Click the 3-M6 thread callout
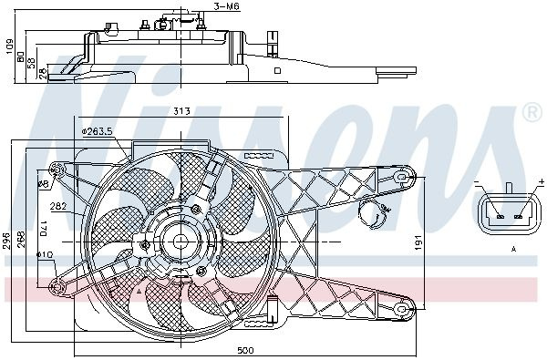(x=227, y=6)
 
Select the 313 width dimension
(x=181, y=111)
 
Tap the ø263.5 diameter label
(x=98, y=131)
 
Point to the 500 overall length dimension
(x=245, y=350)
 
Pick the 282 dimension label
(x=58, y=206)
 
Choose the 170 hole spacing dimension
(x=44, y=229)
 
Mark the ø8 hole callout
(x=43, y=183)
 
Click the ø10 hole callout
(x=45, y=255)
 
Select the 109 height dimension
(x=9, y=46)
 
